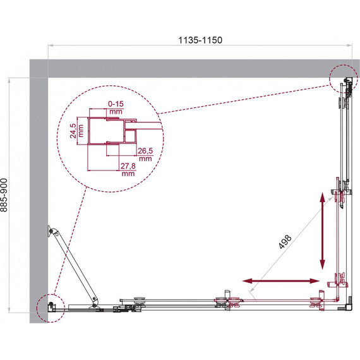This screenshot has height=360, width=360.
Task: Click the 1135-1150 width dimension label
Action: [200, 40]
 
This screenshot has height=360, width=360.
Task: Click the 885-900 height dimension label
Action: [4, 195]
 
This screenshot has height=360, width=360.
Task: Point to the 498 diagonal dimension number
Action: [285, 242]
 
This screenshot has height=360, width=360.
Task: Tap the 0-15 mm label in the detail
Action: [116, 107]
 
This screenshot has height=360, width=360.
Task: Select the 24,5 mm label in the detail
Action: [76, 131]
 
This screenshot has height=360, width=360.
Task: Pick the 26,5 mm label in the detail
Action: [145, 155]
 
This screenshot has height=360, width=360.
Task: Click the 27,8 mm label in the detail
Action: [128, 169]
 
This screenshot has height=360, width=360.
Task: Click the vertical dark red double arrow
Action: [323, 231]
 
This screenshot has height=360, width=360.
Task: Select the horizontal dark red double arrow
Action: [281, 280]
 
